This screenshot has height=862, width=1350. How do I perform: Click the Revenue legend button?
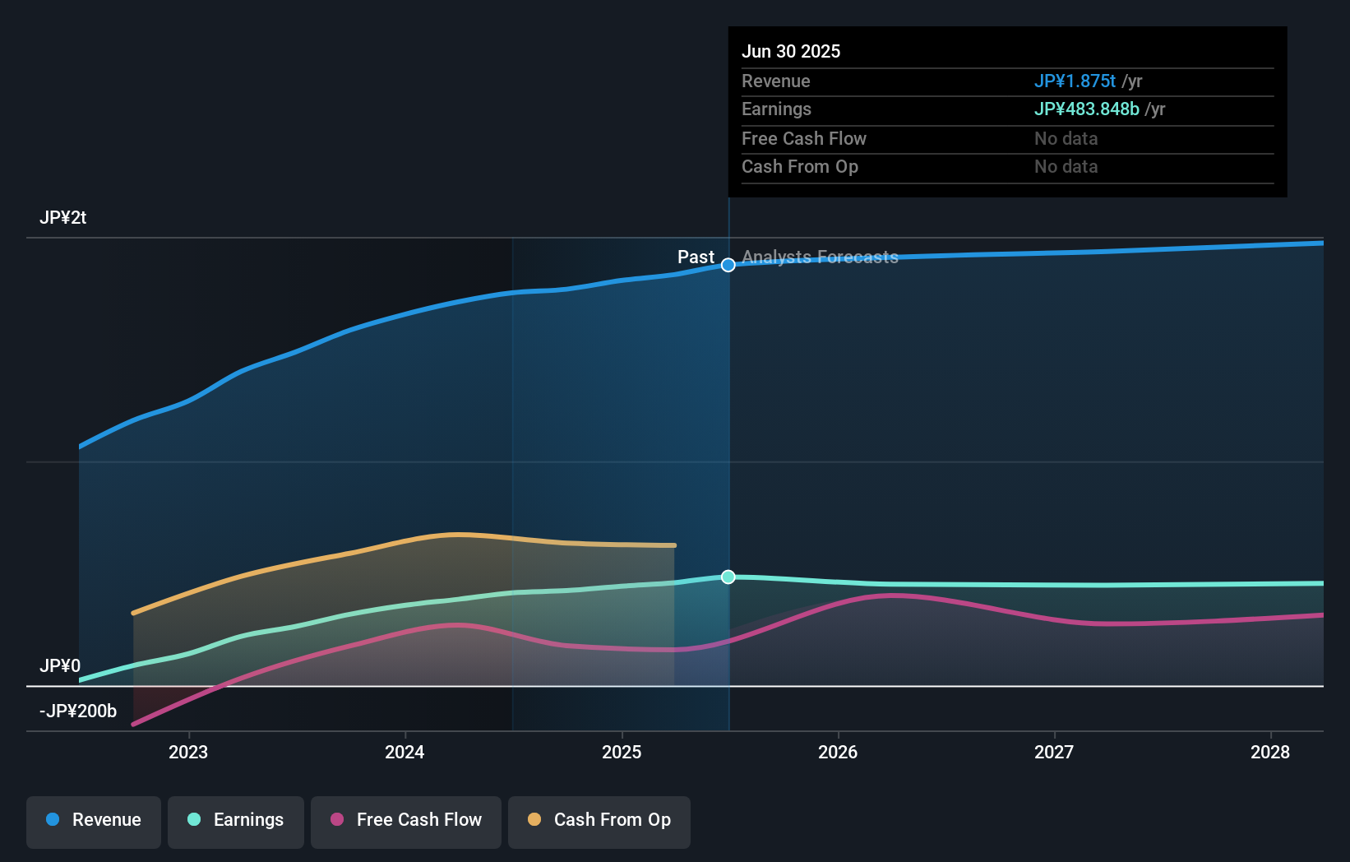[x=94, y=821]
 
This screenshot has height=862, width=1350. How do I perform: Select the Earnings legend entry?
[x=236, y=821]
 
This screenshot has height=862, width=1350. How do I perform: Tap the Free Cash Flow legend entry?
[x=406, y=821]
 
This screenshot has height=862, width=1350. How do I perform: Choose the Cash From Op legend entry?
[x=599, y=821]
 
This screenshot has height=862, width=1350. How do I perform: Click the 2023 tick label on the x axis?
[x=188, y=753]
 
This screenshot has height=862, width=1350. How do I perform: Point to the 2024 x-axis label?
[x=405, y=753]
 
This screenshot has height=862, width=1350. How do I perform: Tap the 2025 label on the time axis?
[x=622, y=753]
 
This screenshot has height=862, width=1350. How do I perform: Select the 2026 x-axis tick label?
[x=838, y=753]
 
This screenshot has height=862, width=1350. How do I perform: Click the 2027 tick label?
[x=1054, y=753]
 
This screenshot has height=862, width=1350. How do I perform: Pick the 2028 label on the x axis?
[x=1270, y=753]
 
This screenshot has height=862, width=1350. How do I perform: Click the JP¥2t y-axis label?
[x=63, y=218]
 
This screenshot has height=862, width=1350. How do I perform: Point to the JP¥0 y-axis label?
[x=60, y=666]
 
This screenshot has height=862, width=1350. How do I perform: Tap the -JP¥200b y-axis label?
[x=78, y=711]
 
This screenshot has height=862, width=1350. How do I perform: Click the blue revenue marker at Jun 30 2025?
[x=728, y=265]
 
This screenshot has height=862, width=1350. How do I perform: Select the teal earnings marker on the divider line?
[x=728, y=577]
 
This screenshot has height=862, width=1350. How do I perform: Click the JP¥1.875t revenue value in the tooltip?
[x=1075, y=81]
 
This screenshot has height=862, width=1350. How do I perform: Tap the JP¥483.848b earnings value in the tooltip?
[x=1086, y=109]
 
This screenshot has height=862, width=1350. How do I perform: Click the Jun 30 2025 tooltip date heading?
[x=791, y=52]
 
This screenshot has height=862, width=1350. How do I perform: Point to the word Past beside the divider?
[x=696, y=257]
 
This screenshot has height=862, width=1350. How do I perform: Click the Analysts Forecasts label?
[x=820, y=257]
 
